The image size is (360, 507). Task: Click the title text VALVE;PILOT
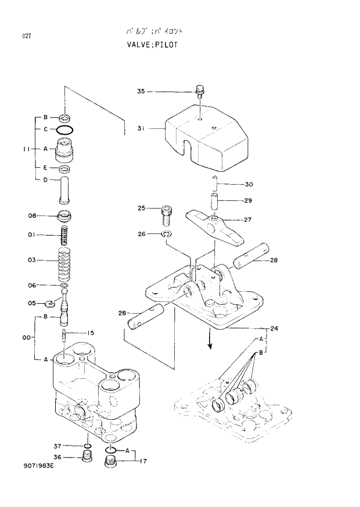(x=152, y=45)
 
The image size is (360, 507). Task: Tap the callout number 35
(x=141, y=91)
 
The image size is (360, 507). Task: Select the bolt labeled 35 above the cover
(x=200, y=91)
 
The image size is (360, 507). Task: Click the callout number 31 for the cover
(x=141, y=128)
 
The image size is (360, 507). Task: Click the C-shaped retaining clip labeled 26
(x=166, y=234)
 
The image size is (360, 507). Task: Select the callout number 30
(x=249, y=185)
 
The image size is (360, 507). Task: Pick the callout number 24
(x=274, y=329)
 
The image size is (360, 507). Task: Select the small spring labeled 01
(x=65, y=235)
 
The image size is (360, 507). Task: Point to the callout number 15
(x=91, y=333)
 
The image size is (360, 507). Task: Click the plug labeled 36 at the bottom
(x=86, y=458)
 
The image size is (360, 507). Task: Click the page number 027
(x=27, y=36)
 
